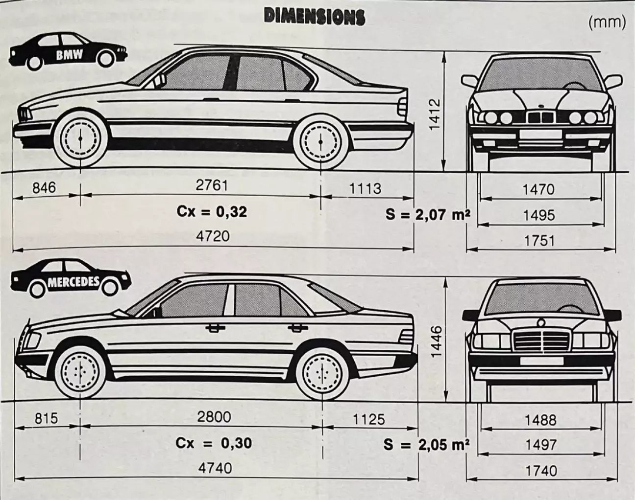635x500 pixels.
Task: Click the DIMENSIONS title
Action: click(x=314, y=17)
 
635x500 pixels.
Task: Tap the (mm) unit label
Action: click(x=607, y=23)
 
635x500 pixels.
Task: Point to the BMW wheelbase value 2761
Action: click(x=212, y=185)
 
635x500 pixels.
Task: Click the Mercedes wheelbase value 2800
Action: click(x=214, y=417)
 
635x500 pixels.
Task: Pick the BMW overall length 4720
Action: click(x=213, y=236)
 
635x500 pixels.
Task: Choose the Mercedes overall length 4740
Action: click(x=215, y=468)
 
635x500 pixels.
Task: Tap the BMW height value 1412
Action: click(x=435, y=114)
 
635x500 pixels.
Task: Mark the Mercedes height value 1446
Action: click(x=436, y=341)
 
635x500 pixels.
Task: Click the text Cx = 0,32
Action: click(x=212, y=212)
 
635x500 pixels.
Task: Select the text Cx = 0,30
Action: click(x=214, y=443)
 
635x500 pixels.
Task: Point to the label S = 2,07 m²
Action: click(x=428, y=214)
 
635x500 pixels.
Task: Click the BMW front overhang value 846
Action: click(x=44, y=187)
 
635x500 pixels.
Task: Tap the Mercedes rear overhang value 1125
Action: click(x=368, y=419)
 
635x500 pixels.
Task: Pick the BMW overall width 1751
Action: click(x=539, y=241)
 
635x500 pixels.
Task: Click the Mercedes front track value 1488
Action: click(x=540, y=420)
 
